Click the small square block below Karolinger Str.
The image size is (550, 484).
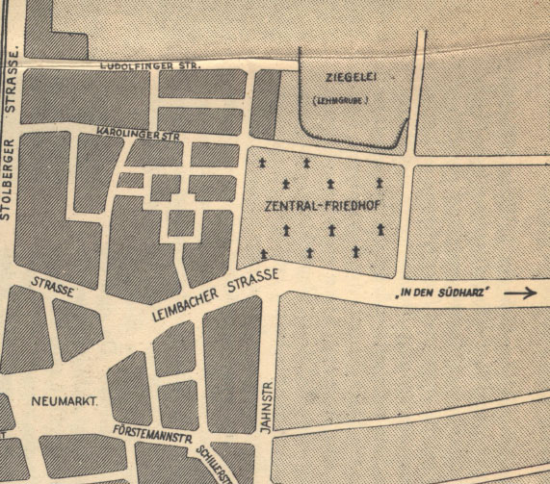180,223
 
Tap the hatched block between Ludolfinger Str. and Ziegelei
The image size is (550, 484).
266,103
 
